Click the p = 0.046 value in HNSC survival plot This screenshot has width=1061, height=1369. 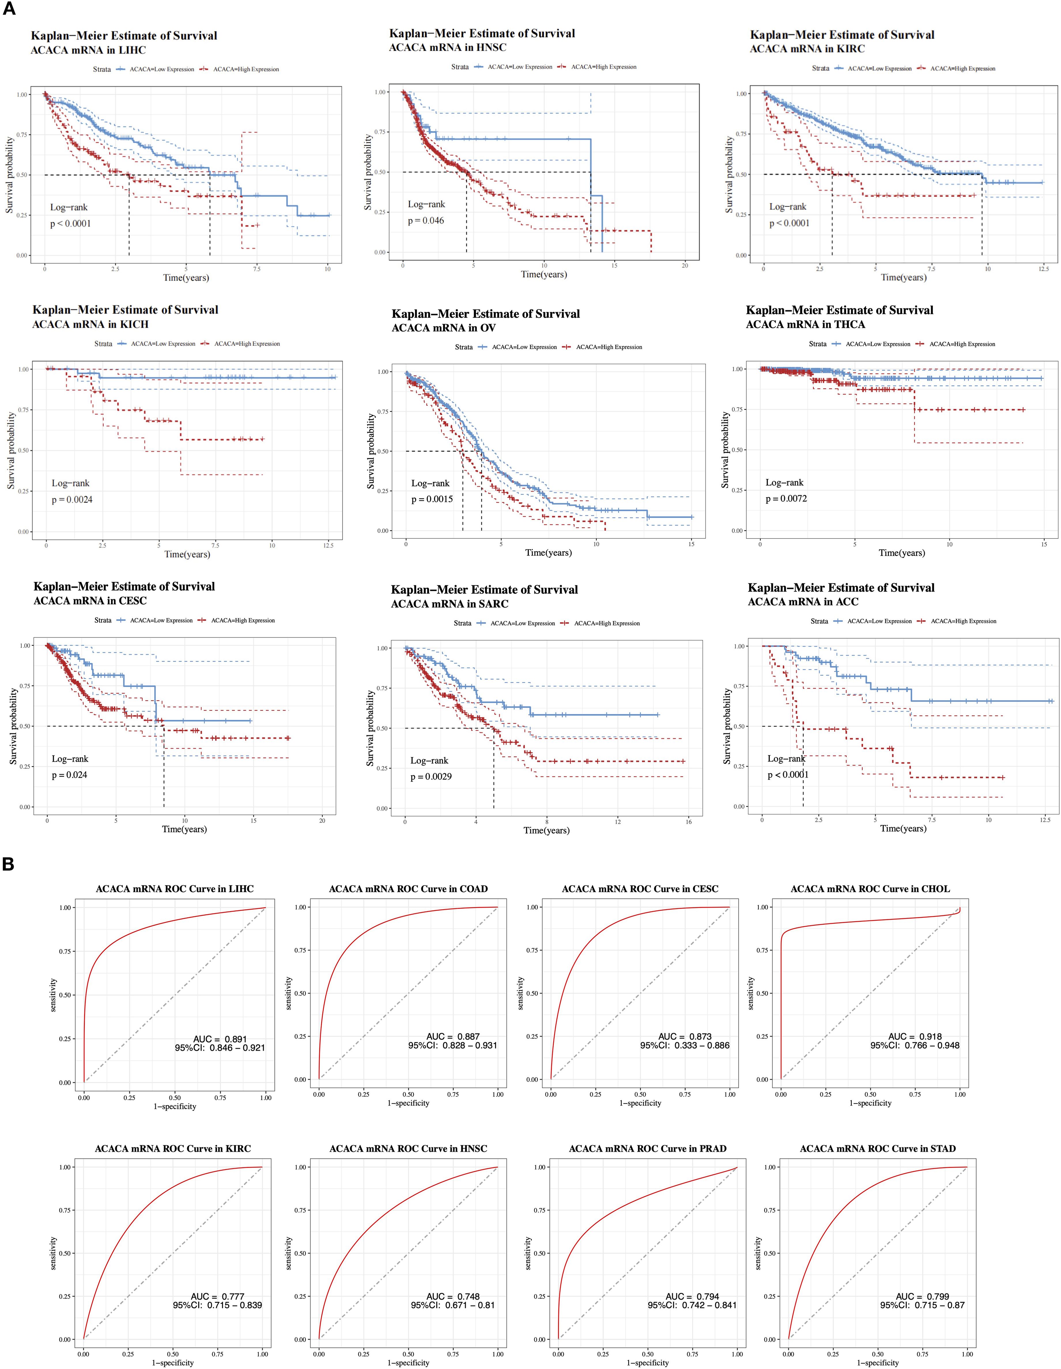click(x=426, y=221)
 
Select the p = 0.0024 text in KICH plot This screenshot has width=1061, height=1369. click(x=72, y=499)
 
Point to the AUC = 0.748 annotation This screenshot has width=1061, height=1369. click(x=453, y=1296)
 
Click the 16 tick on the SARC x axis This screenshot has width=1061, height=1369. click(x=688, y=822)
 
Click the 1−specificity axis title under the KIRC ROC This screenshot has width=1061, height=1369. click(x=172, y=1363)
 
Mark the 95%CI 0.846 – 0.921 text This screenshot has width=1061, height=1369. click(x=220, y=1047)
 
